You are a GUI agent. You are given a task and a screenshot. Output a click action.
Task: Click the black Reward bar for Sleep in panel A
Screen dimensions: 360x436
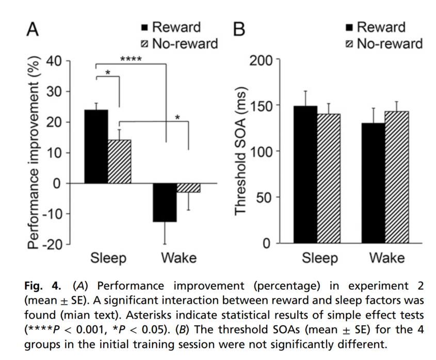[96, 147]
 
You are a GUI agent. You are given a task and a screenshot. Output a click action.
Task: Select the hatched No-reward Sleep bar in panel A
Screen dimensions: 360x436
[119, 162]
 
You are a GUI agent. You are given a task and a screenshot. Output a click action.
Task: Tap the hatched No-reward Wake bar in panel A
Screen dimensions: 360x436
[189, 187]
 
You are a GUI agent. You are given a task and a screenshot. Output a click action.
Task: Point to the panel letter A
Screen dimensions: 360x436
[33, 29]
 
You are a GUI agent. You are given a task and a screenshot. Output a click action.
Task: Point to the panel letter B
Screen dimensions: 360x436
[238, 29]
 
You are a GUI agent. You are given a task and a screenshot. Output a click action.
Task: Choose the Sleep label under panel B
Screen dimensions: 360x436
[320, 258]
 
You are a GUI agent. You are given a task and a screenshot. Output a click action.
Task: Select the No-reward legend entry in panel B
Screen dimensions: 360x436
[384, 43]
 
